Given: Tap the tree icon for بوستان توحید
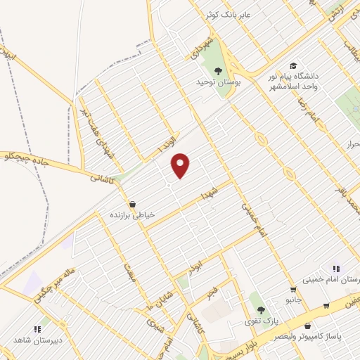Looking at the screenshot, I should [218, 70].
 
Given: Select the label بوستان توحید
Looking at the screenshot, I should [218, 83].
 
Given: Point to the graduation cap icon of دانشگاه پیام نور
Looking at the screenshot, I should [292, 64].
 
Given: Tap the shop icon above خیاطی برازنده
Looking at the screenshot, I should [132, 204].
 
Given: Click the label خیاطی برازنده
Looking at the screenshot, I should [132, 216].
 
